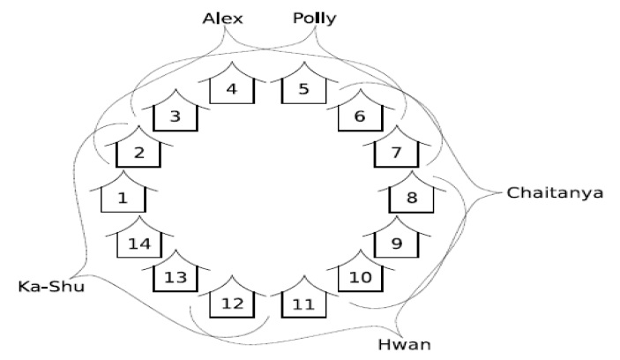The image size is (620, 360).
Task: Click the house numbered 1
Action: click(123, 196)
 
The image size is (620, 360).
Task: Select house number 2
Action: click(138, 152)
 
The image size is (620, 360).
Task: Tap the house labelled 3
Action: click(175, 116)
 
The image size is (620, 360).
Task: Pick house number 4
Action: click(232, 88)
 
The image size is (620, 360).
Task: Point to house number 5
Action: click(303, 88)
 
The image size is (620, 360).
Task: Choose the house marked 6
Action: click(359, 116)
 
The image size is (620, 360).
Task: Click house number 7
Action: click(396, 152)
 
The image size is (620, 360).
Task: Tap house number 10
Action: click(362, 277)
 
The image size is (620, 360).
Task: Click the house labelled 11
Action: click(303, 303)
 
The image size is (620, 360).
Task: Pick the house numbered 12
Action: click(232, 303)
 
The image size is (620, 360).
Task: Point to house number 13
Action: click(176, 277)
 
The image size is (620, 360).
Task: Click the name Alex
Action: click(222, 18)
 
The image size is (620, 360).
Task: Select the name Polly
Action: click(315, 18)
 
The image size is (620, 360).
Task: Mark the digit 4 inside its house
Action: click(232, 88)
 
